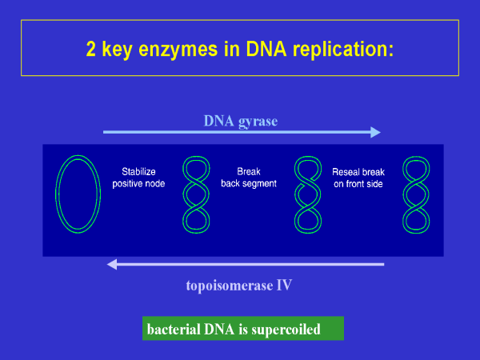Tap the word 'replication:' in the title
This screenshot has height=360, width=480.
(345, 49)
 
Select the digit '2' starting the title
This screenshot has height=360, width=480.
(91, 49)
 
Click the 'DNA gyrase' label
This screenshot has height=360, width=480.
(239, 121)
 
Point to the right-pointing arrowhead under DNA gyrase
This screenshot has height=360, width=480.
(375, 133)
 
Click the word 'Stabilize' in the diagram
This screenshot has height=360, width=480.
(141, 171)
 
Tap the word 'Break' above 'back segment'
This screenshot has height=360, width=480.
(249, 171)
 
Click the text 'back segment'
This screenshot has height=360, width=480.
(249, 183)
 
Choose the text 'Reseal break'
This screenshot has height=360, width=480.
(358, 171)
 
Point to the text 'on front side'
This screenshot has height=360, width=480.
(358, 183)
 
